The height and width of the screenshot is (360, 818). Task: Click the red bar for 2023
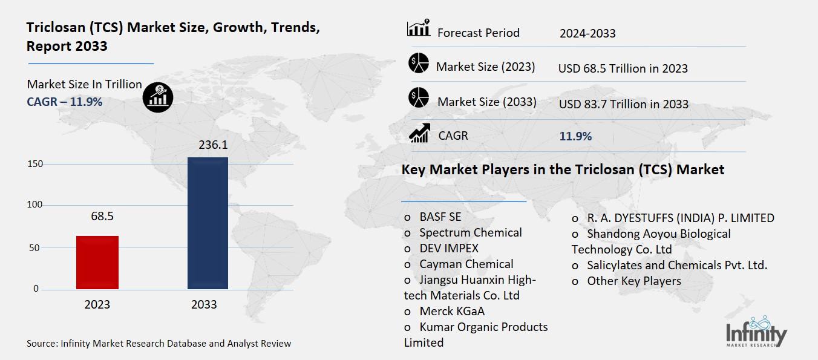coord(97,262)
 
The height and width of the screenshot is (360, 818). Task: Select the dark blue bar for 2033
coord(208,223)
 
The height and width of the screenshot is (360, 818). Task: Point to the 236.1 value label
coord(208,145)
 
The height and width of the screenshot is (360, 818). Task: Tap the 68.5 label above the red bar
coord(97,216)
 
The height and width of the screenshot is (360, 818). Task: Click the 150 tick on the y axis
coord(35,164)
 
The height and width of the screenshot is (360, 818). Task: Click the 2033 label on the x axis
coord(204,304)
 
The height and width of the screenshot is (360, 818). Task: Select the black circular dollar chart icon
coord(158,97)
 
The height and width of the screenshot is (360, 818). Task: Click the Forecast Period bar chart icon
coord(419,28)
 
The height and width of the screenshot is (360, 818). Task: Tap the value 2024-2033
coord(587,33)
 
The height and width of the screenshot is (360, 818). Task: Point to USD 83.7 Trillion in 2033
coord(624,104)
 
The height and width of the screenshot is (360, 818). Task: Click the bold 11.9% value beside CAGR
coord(575,136)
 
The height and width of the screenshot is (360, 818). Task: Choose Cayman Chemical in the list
coord(466,264)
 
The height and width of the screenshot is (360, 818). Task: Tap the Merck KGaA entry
coord(451,311)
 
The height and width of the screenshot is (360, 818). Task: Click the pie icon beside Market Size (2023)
coord(419,64)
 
